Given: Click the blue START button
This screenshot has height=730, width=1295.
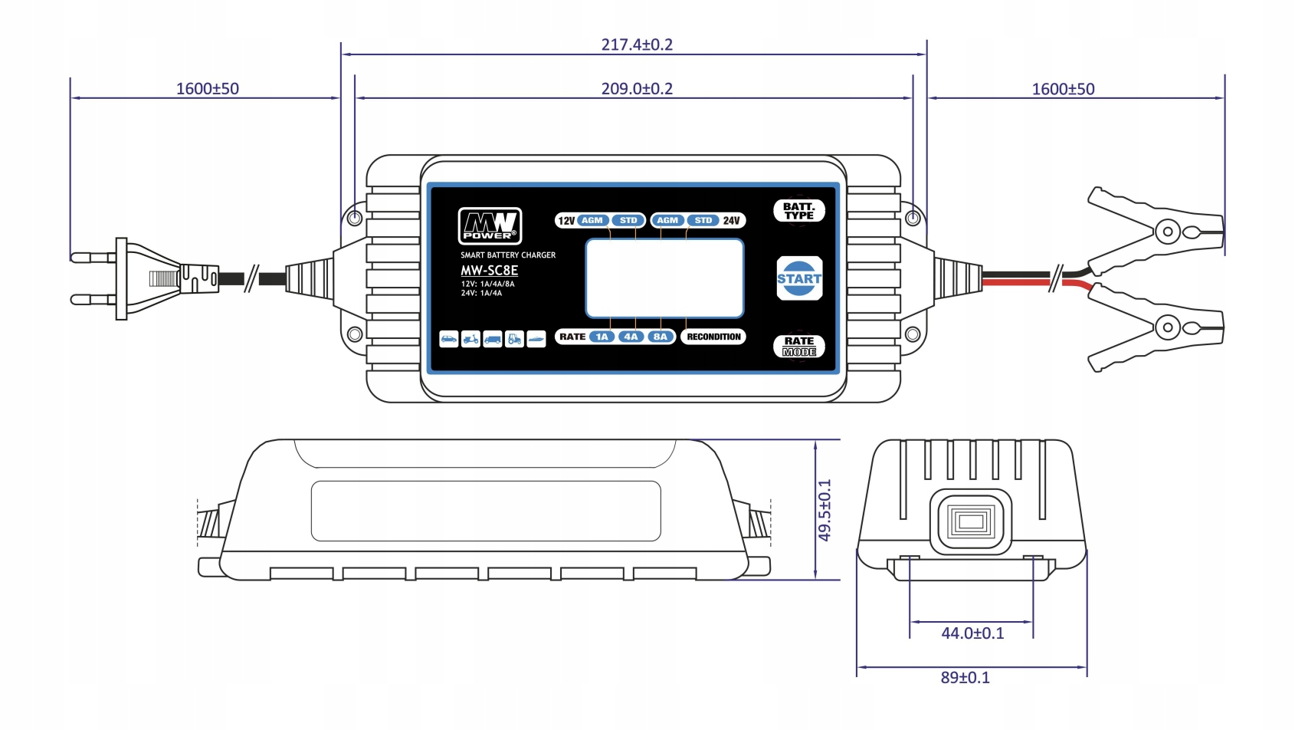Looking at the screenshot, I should (799, 278).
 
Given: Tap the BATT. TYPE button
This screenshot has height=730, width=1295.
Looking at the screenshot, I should (799, 211).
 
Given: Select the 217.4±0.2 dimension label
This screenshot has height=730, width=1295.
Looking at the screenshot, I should (637, 44).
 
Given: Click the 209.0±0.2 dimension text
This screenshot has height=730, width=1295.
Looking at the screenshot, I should (637, 89).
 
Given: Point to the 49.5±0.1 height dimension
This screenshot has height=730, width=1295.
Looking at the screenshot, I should (825, 510).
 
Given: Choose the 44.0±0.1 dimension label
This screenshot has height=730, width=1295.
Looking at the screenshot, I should (972, 633).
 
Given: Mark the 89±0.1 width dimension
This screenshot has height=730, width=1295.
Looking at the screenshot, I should (966, 678).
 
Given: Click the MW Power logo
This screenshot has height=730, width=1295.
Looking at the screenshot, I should (490, 226).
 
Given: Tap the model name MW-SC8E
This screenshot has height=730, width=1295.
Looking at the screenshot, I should (489, 271).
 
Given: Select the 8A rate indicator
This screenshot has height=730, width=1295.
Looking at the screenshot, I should (660, 337).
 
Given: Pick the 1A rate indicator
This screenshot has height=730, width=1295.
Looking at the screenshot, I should (602, 337).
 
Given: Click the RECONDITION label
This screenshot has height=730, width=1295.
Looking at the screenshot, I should (713, 337).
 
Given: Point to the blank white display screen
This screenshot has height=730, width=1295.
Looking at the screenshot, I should (664, 278).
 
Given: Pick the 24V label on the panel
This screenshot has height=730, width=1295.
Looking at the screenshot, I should (731, 221).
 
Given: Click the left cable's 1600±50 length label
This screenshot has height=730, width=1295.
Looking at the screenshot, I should (208, 89).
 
